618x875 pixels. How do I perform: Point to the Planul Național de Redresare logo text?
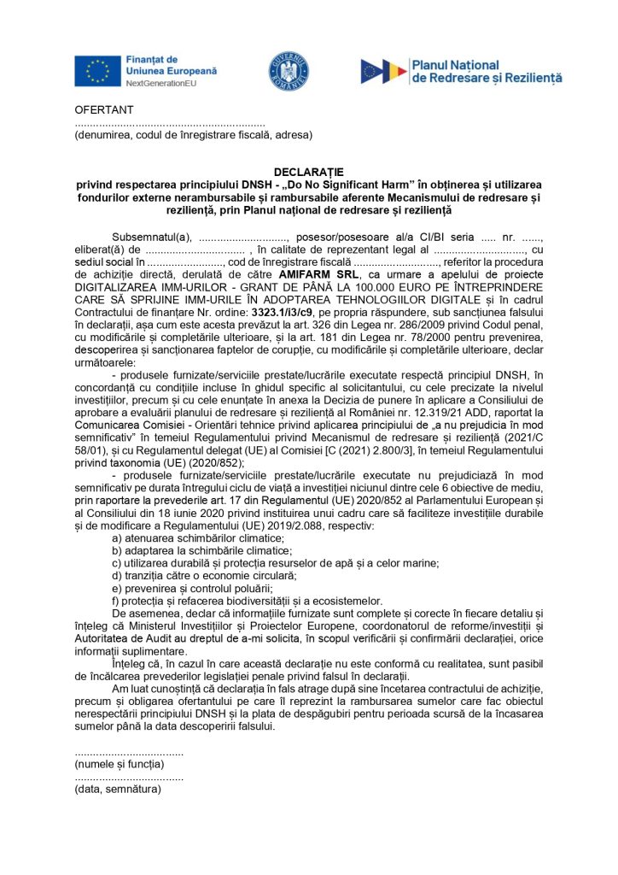487,71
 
